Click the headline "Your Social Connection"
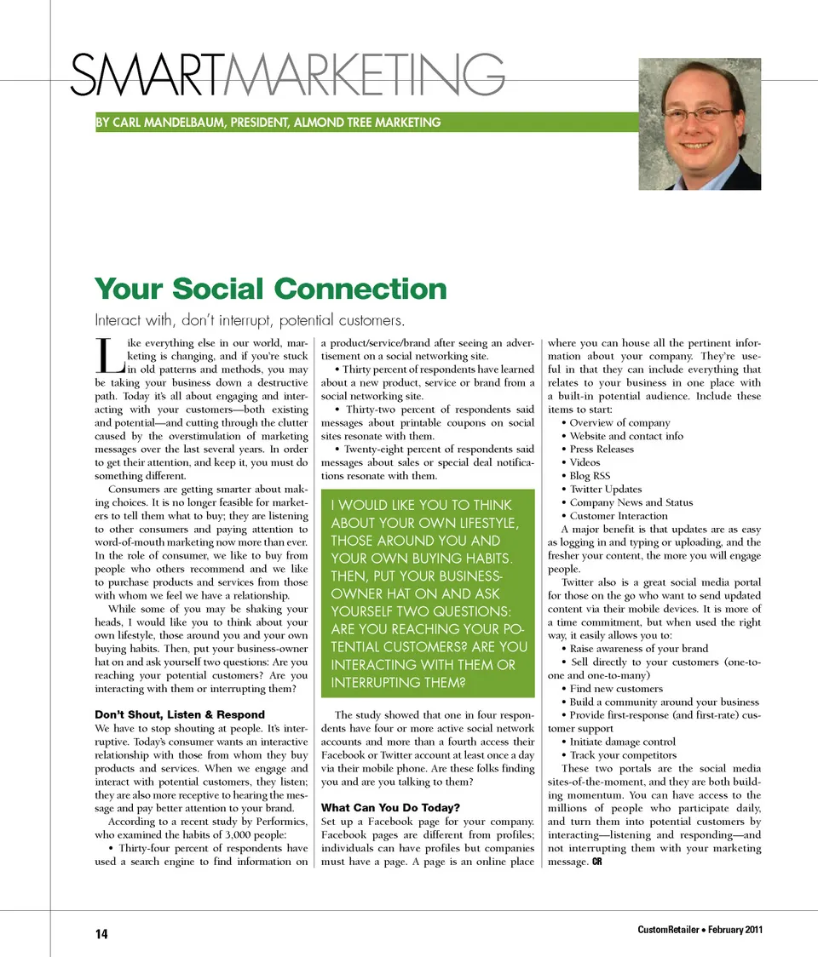pyautogui.click(x=270, y=289)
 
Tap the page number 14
pyautogui.click(x=101, y=934)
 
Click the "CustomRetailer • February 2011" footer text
pyautogui.click(x=699, y=928)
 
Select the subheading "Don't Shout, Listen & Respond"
pyautogui.click(x=179, y=714)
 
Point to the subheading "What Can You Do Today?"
pyautogui.click(x=390, y=807)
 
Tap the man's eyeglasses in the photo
pyautogui.click(x=698, y=112)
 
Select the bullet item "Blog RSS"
pyautogui.click(x=590, y=476)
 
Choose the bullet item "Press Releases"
pyautogui.click(x=602, y=450)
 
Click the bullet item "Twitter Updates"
pyautogui.click(x=606, y=490)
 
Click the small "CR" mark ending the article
pyautogui.click(x=597, y=862)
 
